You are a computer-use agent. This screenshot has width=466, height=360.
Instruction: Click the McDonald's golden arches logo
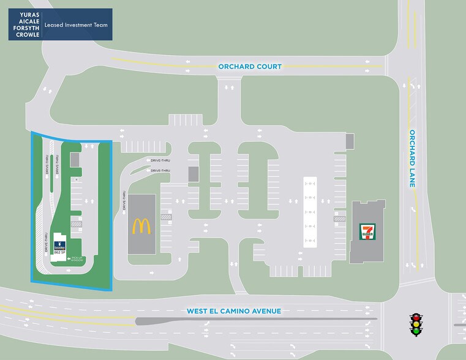(x=141, y=226)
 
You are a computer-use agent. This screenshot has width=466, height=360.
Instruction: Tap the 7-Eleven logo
(x=367, y=231)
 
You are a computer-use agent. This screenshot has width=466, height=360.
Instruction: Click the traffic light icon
(x=416, y=324)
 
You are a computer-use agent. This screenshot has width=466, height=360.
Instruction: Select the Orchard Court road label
(x=250, y=66)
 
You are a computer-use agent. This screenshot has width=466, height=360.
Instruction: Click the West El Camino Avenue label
(x=233, y=311)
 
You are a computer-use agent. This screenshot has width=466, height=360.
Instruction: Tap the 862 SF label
(x=60, y=252)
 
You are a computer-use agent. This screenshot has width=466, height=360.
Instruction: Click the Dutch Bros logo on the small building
(x=59, y=244)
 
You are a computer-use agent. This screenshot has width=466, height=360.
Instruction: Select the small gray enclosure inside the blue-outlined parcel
(x=75, y=159)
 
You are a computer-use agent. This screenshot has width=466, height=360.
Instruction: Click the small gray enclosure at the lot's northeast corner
(x=350, y=141)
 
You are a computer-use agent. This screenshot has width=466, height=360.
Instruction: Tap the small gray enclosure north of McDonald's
(x=194, y=173)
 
